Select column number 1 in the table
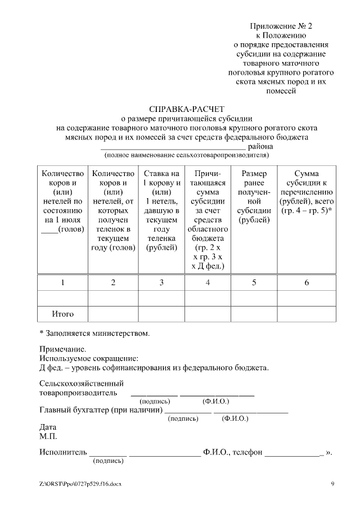(x=62, y=282)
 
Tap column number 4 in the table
(x=208, y=282)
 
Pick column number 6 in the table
(x=307, y=282)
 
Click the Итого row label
(x=62, y=314)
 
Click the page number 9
(x=332, y=484)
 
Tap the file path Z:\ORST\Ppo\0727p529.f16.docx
(x=80, y=484)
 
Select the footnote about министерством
(x=94, y=333)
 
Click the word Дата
(x=48, y=427)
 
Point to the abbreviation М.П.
(x=48, y=436)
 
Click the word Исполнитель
(x=63, y=452)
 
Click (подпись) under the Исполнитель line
(x=108, y=461)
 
